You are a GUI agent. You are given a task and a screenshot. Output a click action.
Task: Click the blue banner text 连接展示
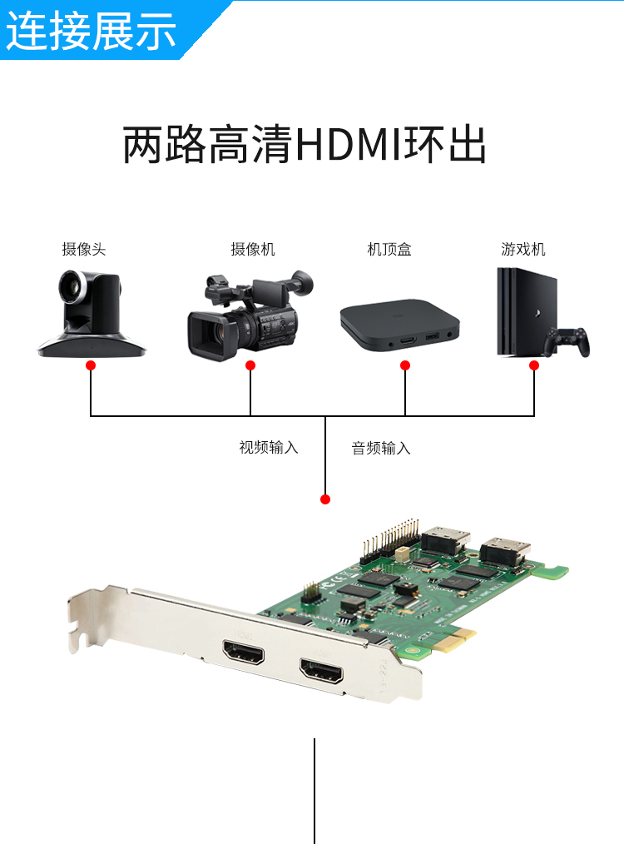(91, 31)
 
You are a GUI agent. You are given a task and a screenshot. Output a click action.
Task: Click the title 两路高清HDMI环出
(305, 144)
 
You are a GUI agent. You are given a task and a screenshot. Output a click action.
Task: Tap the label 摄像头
(84, 249)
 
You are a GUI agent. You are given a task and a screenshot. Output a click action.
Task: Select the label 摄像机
(253, 249)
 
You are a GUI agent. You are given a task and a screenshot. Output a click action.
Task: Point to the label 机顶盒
(389, 249)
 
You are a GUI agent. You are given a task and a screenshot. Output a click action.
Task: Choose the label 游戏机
(522, 249)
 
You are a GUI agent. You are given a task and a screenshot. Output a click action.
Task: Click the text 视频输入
(269, 447)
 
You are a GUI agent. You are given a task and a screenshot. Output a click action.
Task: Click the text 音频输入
(381, 447)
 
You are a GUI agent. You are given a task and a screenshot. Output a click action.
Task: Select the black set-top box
(399, 325)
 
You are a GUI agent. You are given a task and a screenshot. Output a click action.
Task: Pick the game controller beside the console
(567, 341)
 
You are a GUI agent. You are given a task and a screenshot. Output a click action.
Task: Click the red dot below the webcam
(91, 365)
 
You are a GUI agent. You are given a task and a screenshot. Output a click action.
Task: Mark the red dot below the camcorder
(250, 365)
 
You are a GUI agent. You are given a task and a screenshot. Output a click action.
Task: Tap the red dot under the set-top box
(405, 365)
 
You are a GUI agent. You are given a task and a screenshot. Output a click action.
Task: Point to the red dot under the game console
(534, 365)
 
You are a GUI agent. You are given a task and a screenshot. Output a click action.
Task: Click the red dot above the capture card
(325, 499)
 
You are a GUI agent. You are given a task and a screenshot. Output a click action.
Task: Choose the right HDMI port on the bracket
(321, 671)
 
